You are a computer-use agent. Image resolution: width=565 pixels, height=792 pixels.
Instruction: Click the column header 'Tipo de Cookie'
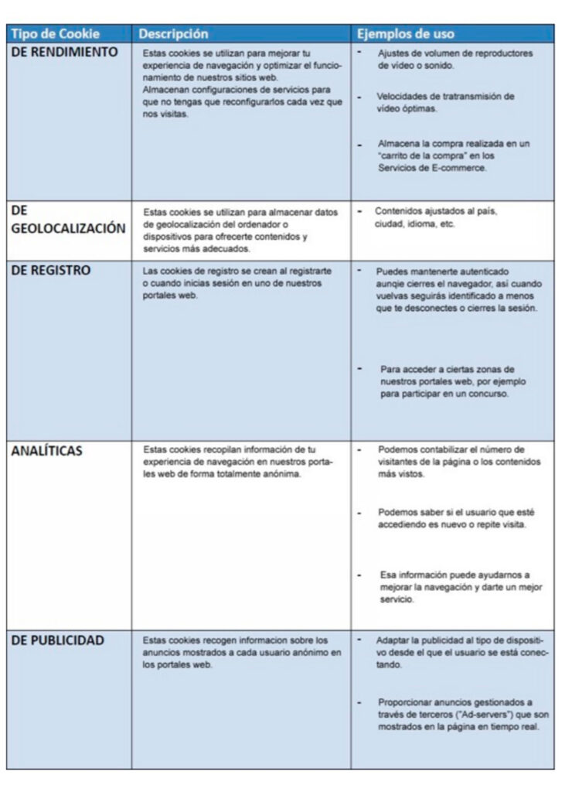click(x=55, y=34)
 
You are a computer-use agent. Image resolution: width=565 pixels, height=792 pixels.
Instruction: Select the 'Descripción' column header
click(x=173, y=34)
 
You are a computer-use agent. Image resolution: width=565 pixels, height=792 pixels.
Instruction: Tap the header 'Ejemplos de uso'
click(x=405, y=34)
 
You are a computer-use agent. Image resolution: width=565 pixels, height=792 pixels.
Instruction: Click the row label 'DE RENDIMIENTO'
click(x=65, y=53)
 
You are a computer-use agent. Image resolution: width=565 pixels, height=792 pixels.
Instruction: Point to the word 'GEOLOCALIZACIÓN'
click(x=68, y=228)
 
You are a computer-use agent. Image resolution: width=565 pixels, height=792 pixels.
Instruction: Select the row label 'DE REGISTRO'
click(x=51, y=270)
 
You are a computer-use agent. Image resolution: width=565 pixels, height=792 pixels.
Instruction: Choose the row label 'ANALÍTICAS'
click(x=47, y=452)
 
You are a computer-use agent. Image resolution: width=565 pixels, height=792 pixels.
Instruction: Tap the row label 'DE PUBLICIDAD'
click(x=58, y=640)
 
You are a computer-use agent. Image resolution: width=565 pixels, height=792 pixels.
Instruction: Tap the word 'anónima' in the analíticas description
click(x=282, y=474)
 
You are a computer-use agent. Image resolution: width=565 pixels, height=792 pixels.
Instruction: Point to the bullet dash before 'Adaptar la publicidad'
click(x=360, y=640)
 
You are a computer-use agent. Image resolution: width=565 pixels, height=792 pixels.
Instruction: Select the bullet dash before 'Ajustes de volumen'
click(x=360, y=52)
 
